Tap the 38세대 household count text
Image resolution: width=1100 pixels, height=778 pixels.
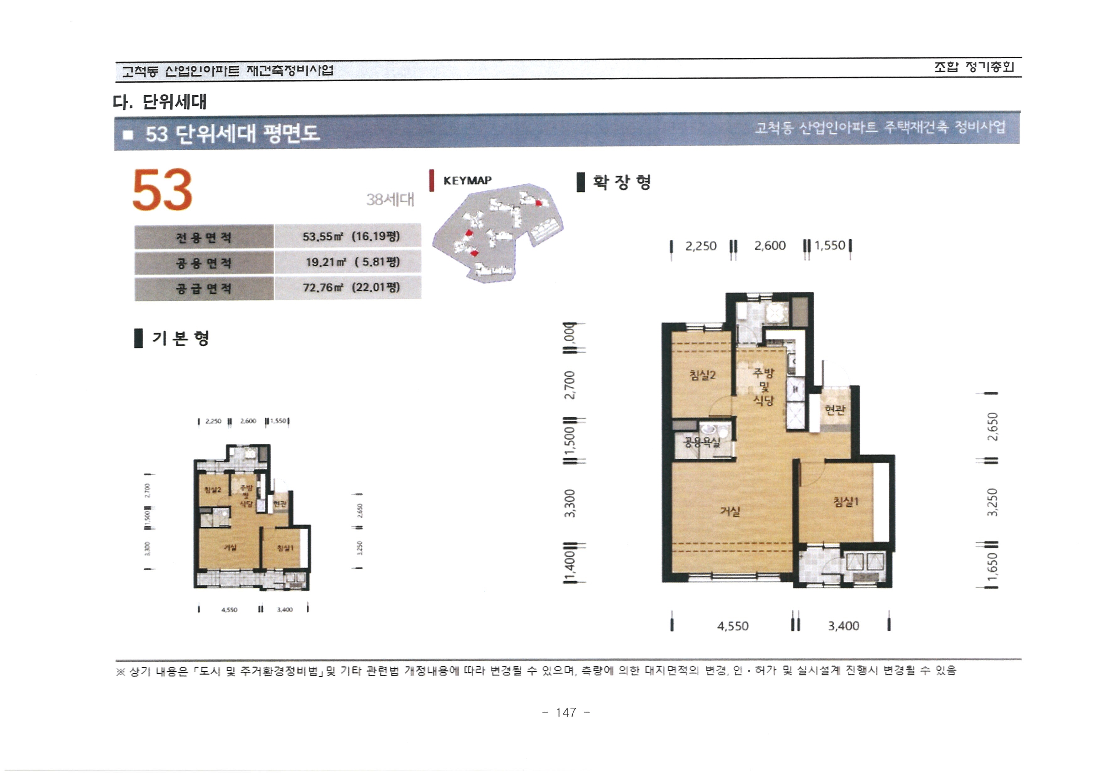(390, 199)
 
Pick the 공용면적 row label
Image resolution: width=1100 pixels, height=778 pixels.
(204, 263)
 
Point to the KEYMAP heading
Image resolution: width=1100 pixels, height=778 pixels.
(467, 181)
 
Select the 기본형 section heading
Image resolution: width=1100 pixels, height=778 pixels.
(180, 338)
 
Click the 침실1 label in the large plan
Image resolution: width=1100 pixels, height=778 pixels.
(846, 502)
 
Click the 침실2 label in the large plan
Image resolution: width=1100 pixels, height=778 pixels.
(702, 375)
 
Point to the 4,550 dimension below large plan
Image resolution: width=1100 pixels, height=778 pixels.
(732, 626)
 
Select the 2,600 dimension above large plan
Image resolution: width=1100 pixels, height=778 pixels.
(770, 246)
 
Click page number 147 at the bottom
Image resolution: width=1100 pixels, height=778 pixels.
(566, 712)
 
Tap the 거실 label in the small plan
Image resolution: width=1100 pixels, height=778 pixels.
(230, 547)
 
